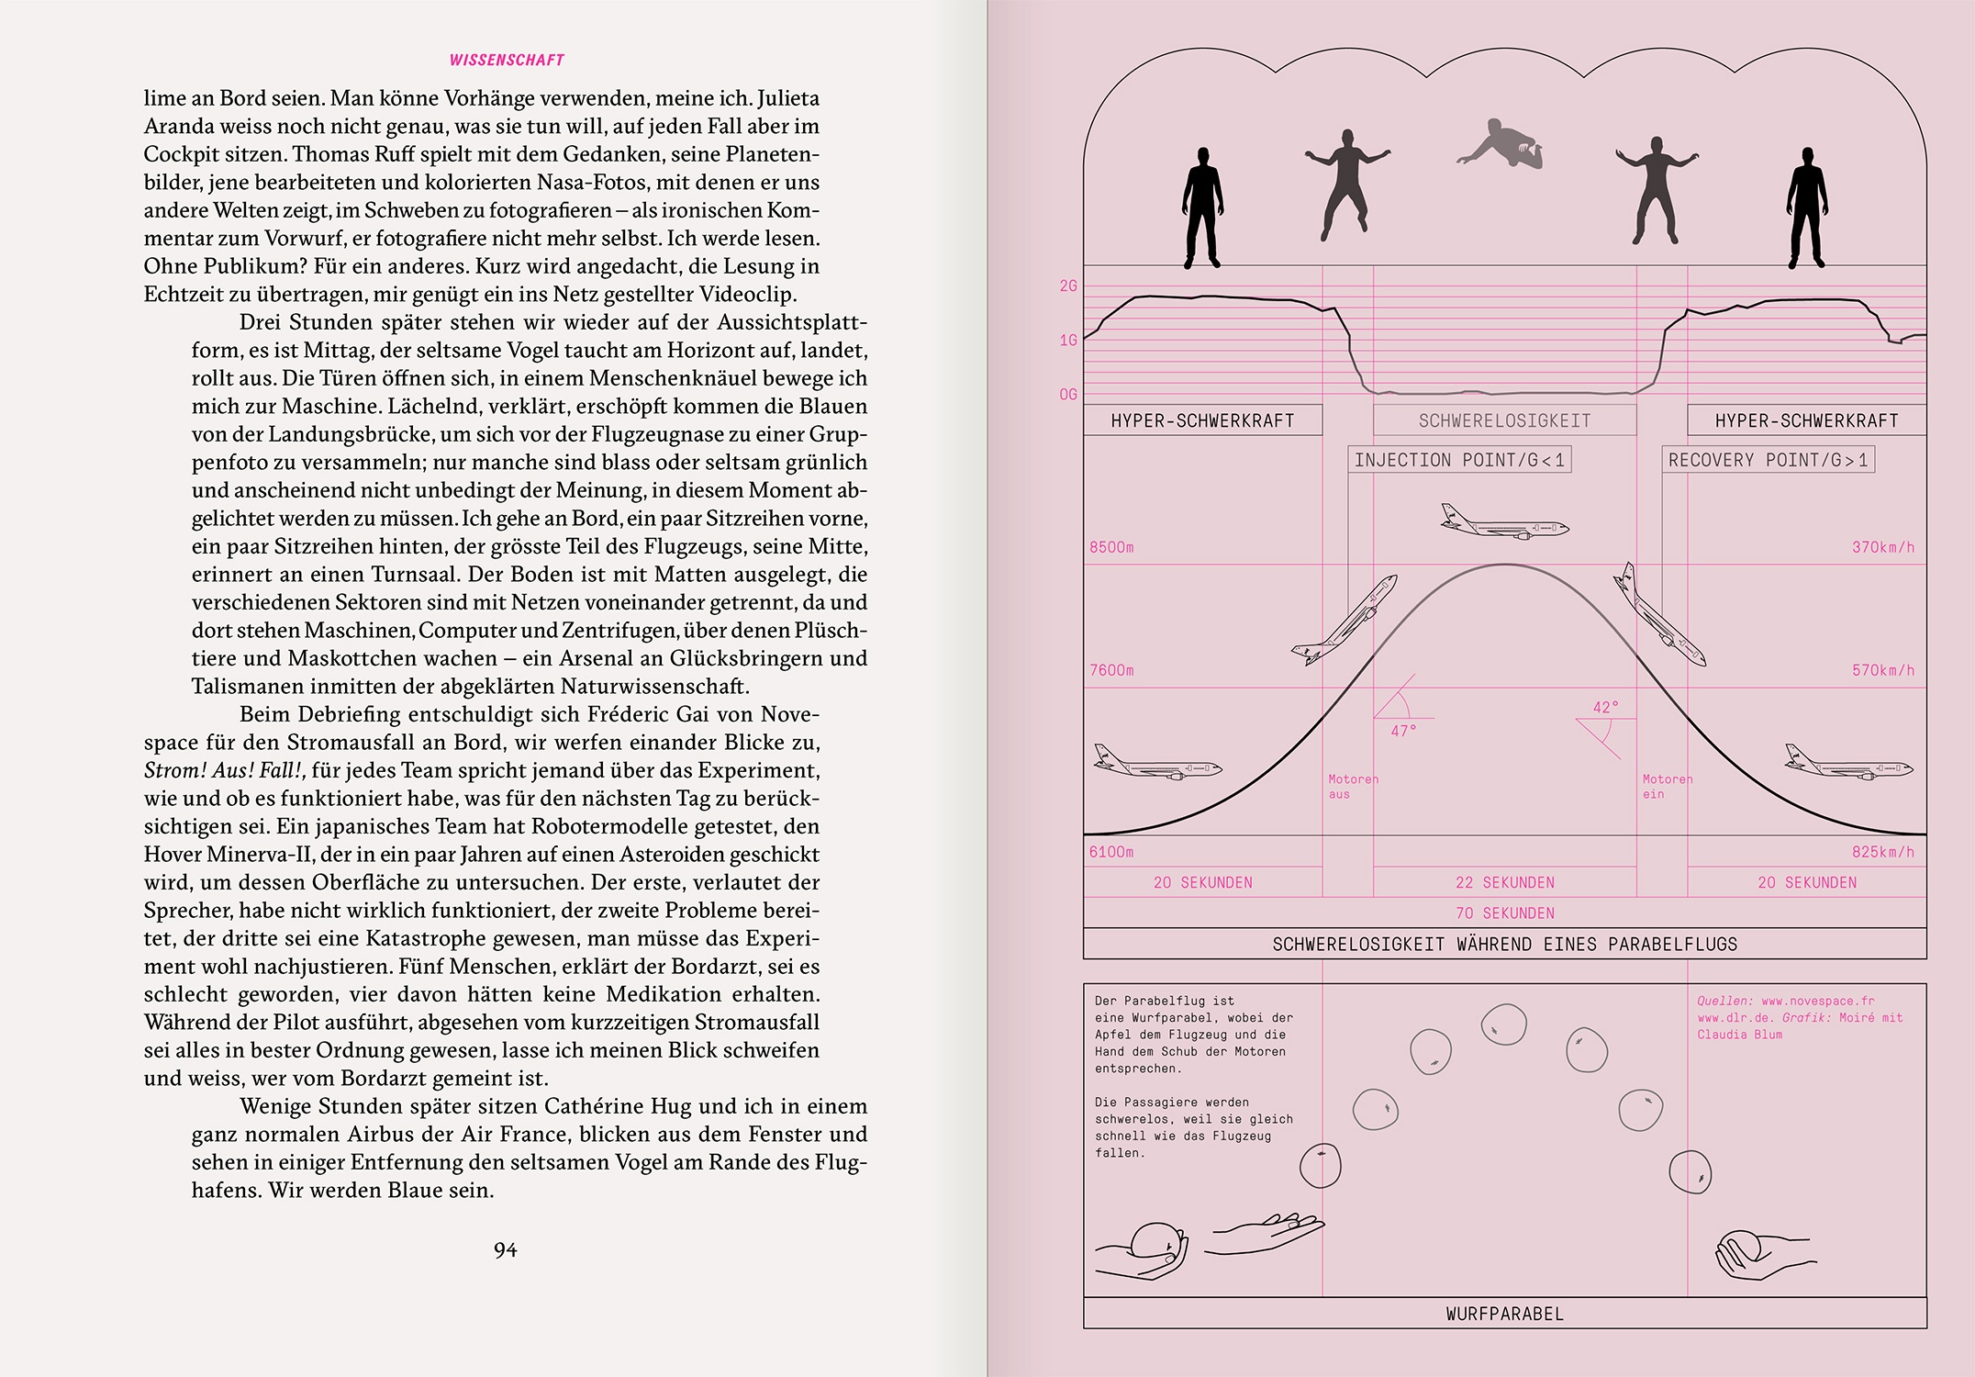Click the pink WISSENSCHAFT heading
507,61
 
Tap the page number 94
505,1249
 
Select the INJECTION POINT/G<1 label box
1459,460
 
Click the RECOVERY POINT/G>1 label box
1768,460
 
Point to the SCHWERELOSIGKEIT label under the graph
1504,420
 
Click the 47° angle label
1403,731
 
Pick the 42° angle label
1605,708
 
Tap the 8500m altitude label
1111,547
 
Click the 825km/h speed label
1883,852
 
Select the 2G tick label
1068,286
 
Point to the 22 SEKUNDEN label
1504,882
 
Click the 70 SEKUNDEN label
1504,913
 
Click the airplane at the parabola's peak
1504,524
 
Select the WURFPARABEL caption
1504,1314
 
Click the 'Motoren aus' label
1353,787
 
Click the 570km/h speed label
1883,670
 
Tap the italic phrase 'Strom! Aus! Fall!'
225,770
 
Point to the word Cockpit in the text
183,154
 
